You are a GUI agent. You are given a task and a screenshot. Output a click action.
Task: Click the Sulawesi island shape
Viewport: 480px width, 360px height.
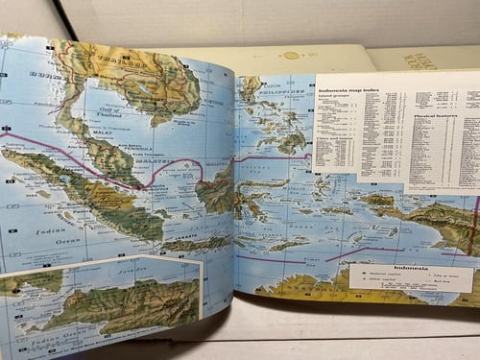(x=253, y=197)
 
